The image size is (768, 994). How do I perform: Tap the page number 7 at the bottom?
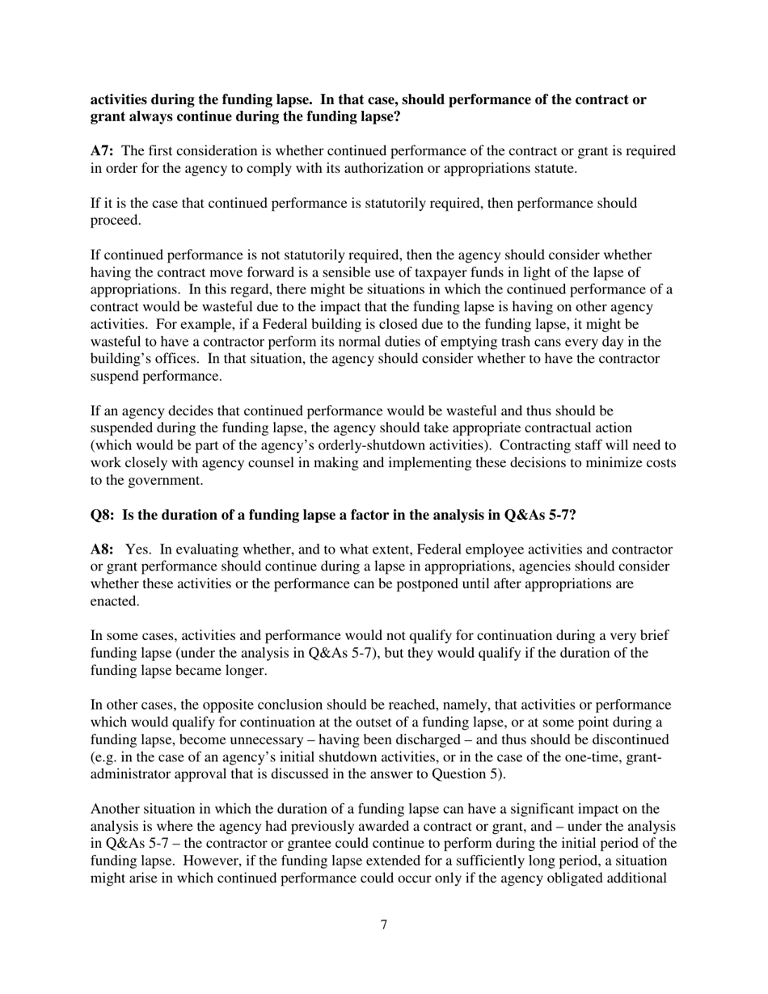(384, 925)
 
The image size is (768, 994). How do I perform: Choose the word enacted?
(113, 601)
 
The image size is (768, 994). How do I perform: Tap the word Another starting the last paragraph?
(116, 809)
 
